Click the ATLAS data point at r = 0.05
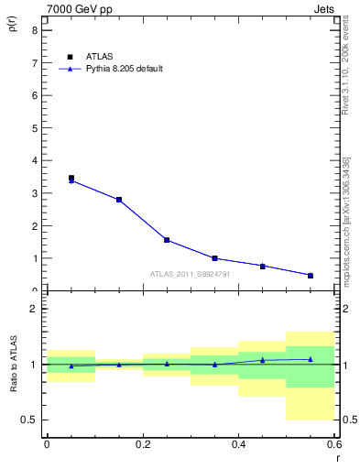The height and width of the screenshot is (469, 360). pyautogui.click(x=71, y=178)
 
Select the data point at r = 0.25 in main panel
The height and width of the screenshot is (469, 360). pyautogui.click(x=167, y=240)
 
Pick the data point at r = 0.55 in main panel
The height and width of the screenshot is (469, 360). pyautogui.click(x=311, y=275)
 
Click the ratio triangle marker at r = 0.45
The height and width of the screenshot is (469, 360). pyautogui.click(x=263, y=360)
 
